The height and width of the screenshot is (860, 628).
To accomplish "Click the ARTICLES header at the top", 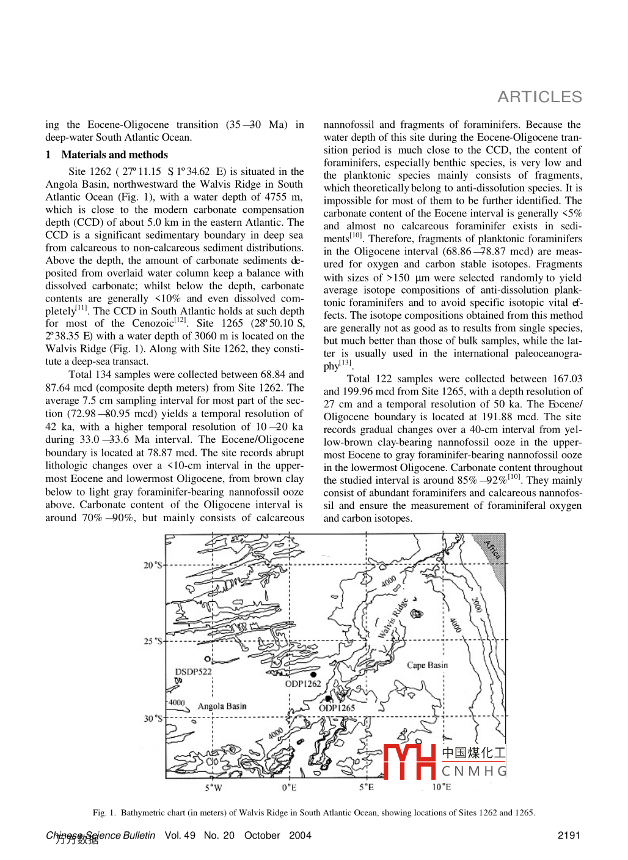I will point(539,97).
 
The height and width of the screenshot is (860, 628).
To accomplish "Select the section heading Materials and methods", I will point(114,155).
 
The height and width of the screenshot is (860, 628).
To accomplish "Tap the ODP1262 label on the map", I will point(303,684).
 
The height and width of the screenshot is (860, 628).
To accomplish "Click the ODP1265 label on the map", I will point(337,708).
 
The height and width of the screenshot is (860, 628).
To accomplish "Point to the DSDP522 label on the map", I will point(193,672).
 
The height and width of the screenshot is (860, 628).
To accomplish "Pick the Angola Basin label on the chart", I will point(222,706).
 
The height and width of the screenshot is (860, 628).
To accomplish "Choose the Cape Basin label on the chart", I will point(427,665).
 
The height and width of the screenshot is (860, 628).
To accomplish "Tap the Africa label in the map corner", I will point(492,549).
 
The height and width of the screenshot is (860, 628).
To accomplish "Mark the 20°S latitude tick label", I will point(153,565).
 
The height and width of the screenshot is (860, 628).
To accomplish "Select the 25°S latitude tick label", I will point(153,641).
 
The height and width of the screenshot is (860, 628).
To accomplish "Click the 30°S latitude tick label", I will point(153,718).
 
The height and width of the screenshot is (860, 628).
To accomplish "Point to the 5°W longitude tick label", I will point(213,787).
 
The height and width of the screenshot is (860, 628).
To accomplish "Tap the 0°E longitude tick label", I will point(290,787).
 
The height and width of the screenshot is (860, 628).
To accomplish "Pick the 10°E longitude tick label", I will point(441,787).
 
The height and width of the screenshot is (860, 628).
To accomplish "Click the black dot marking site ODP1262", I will point(313,675).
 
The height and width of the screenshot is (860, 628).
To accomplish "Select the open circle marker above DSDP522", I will point(207,659).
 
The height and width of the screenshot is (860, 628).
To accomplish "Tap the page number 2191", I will point(569,835).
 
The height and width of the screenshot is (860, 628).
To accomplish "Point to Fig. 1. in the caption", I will point(104,812).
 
